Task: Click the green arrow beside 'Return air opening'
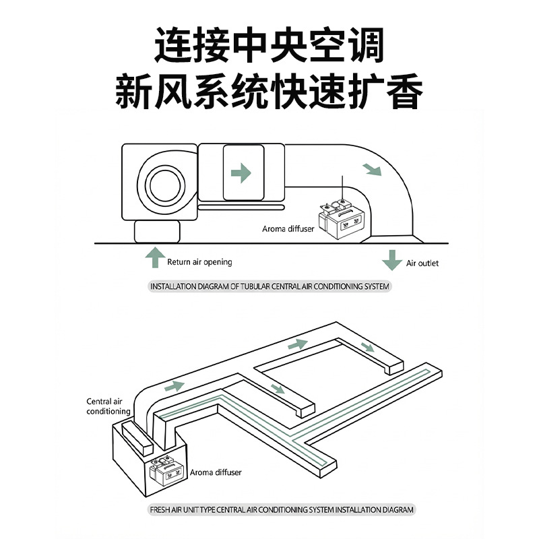coord(155,257)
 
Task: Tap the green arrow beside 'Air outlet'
coord(392,260)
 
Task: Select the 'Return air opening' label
coord(199,262)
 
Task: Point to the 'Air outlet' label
coord(422,263)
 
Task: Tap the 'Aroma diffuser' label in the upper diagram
coord(288,229)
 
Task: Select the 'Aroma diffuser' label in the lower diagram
coord(216,472)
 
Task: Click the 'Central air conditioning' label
coord(108,406)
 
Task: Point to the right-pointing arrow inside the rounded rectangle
coord(241,173)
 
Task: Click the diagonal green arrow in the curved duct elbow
coord(373,170)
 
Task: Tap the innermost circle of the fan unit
coord(165,186)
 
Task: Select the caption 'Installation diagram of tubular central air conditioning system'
coord(270,286)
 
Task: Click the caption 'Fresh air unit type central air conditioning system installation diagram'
coord(282,509)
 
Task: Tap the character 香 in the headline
coord(404,92)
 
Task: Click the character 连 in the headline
coord(173,45)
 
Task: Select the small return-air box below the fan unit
coord(157,232)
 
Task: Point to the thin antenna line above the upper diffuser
coord(342,187)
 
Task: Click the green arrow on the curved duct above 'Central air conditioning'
coord(175,386)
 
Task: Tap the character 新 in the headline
coord(133,92)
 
